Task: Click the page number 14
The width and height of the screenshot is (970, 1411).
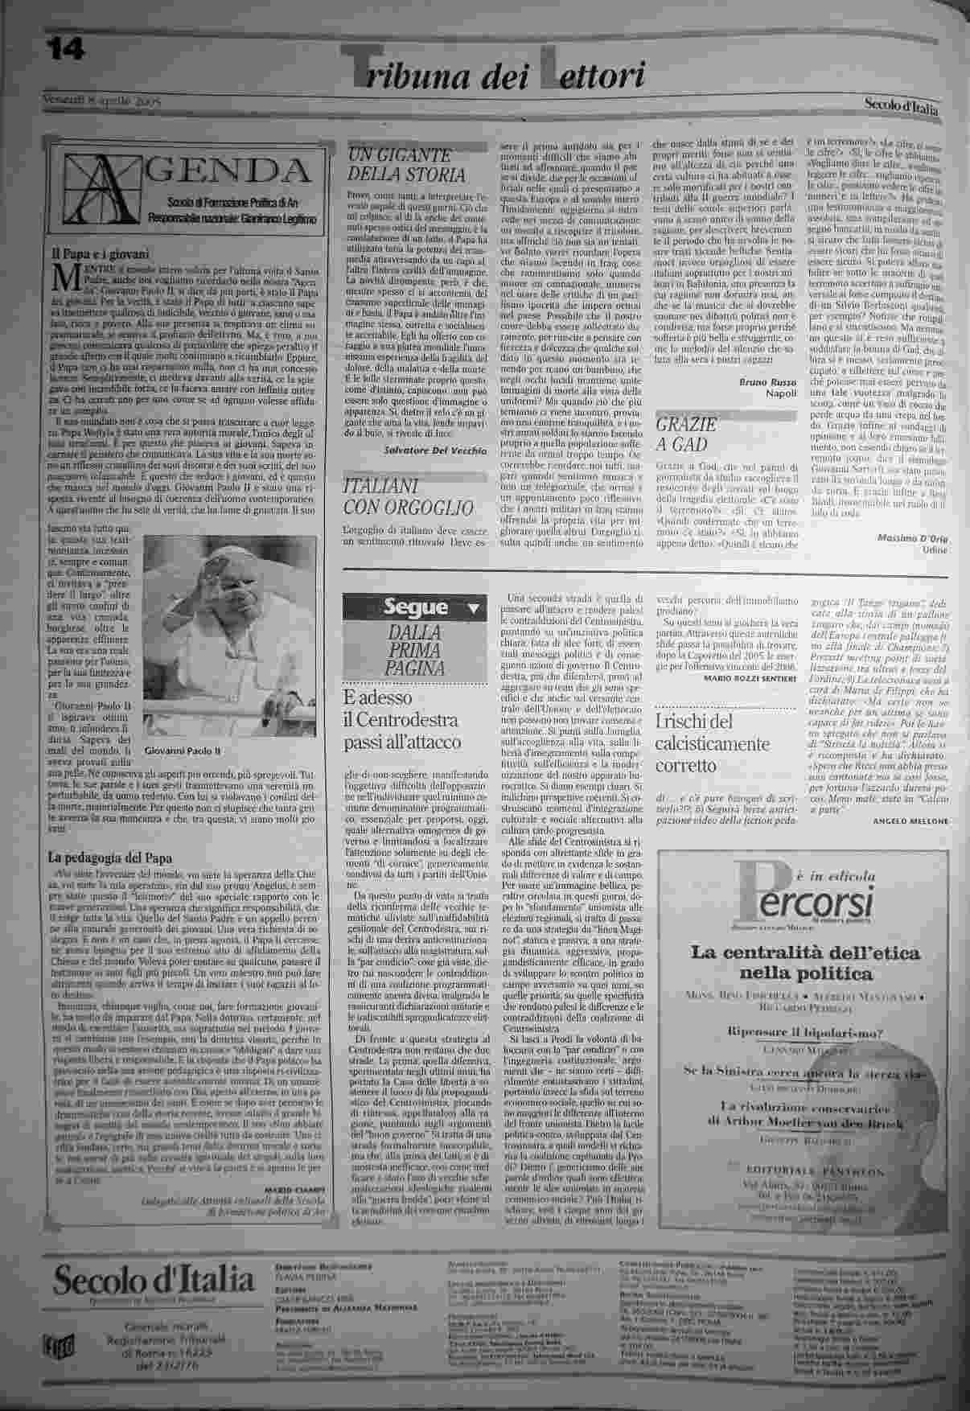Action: point(64,50)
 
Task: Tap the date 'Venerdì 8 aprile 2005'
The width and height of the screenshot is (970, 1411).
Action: point(102,102)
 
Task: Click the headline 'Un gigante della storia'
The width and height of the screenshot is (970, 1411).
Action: point(405,165)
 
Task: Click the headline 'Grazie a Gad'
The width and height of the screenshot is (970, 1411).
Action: point(685,434)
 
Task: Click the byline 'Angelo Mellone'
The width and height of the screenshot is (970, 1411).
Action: point(910,821)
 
